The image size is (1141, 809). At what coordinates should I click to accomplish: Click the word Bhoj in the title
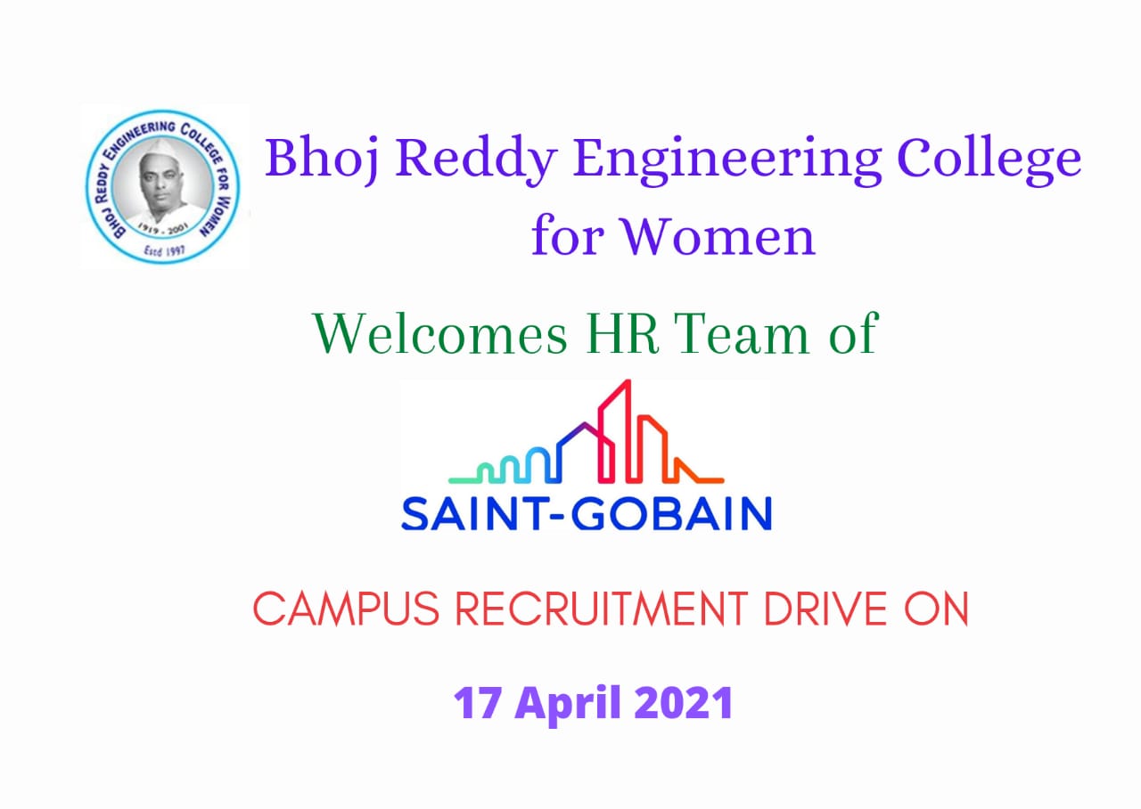tap(322, 159)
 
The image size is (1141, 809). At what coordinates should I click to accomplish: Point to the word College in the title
tap(989, 159)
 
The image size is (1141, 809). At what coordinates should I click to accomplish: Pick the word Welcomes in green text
tap(440, 334)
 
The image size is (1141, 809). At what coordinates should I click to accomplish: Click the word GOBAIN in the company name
tap(672, 514)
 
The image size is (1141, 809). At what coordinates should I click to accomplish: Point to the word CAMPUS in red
tap(347, 609)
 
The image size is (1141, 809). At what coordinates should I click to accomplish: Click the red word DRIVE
tap(825, 609)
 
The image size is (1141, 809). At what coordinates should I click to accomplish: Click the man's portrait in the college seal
tap(162, 184)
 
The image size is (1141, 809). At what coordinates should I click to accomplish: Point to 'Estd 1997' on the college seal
tap(165, 250)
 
